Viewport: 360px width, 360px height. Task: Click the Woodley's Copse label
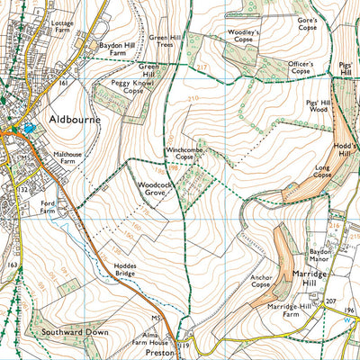tap(243, 37)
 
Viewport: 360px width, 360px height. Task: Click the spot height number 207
tap(330, 301)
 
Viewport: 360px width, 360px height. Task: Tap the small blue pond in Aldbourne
tap(29, 129)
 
